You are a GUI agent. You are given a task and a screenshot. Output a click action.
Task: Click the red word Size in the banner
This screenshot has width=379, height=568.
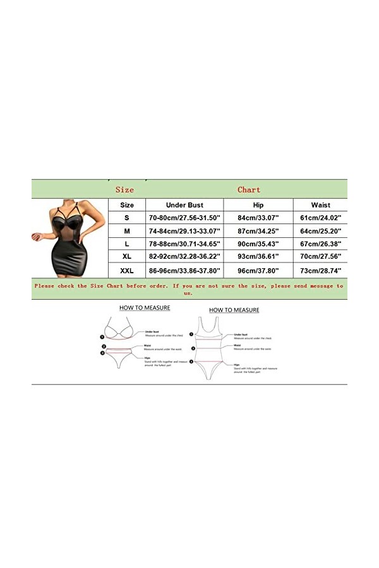pyautogui.click(x=124, y=189)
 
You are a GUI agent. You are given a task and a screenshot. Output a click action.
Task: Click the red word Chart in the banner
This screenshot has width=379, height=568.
pyautogui.click(x=249, y=189)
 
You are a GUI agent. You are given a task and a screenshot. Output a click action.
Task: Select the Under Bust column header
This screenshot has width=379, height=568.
pyautogui.click(x=184, y=205)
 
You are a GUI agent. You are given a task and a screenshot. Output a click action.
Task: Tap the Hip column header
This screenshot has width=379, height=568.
pyautogui.click(x=258, y=205)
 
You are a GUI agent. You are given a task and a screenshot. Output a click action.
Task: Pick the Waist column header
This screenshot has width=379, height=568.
pyautogui.click(x=320, y=205)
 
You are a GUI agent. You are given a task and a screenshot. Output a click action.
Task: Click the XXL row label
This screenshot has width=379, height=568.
pyautogui.click(x=127, y=271)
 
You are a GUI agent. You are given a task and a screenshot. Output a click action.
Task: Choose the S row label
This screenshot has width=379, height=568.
pyautogui.click(x=127, y=218)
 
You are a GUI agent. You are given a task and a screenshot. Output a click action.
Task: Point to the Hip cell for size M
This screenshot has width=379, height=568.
pyautogui.click(x=258, y=232)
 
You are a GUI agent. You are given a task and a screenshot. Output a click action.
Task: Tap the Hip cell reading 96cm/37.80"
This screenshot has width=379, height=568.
pyautogui.click(x=258, y=271)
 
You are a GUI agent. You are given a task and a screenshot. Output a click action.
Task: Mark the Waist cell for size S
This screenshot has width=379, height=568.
pyautogui.click(x=320, y=218)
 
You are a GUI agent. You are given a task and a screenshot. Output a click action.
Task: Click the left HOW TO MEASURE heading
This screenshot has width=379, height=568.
pyautogui.click(x=145, y=308)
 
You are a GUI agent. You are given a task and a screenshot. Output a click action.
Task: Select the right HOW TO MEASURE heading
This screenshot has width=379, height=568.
pyautogui.click(x=234, y=310)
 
